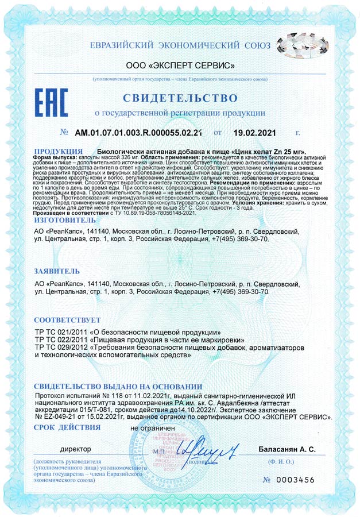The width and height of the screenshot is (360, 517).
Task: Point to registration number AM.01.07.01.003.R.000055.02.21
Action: coord(139,133)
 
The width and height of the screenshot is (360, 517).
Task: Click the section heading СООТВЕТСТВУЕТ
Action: coord(67,319)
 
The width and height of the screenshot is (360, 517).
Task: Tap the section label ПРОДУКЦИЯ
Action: coord(56,149)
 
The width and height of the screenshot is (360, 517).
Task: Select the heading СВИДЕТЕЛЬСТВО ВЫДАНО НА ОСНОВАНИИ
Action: coord(118,387)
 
